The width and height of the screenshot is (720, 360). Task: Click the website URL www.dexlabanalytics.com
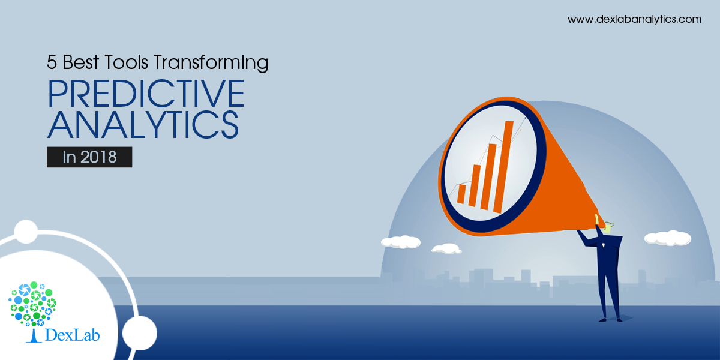(634, 19)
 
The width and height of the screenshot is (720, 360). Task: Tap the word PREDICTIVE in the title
(146, 93)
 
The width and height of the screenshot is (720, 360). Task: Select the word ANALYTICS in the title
(143, 125)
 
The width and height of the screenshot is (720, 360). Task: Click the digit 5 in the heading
(52, 62)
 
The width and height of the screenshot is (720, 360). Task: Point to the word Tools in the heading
(126, 62)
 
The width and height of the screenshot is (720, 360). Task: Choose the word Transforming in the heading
(211, 63)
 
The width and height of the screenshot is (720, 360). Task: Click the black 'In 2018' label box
(89, 157)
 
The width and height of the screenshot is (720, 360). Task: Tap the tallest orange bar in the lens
(503, 167)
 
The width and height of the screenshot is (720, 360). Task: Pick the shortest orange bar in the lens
(461, 194)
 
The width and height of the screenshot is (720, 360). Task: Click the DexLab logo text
(73, 335)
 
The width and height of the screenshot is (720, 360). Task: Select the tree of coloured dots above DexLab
(32, 304)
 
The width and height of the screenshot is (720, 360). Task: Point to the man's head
(608, 227)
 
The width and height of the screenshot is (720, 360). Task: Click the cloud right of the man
(668, 238)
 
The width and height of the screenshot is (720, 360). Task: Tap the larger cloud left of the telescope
(401, 242)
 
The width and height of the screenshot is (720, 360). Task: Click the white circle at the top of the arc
(26, 232)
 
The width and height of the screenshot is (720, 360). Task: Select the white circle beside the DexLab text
(139, 333)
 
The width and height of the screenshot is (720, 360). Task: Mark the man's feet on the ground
(610, 319)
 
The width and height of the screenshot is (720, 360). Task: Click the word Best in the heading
(81, 62)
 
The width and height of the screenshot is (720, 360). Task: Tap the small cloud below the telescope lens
(446, 248)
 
